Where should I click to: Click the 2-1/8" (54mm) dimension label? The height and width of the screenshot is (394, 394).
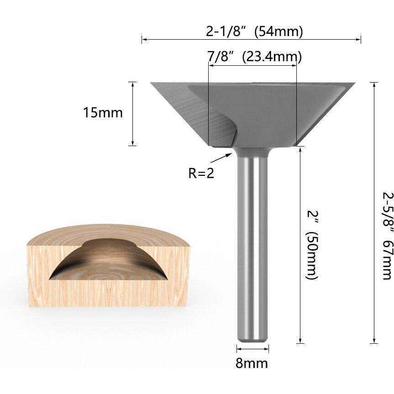pos(254,32)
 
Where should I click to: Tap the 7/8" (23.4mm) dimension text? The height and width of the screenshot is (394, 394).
pos(254,57)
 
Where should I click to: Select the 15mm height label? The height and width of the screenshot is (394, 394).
pos(103,113)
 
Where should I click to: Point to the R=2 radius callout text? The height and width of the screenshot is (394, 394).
pos(201,173)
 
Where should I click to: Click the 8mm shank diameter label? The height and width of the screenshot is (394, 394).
pos(252,363)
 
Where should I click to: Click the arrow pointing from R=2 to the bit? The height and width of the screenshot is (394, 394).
pos(221,158)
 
